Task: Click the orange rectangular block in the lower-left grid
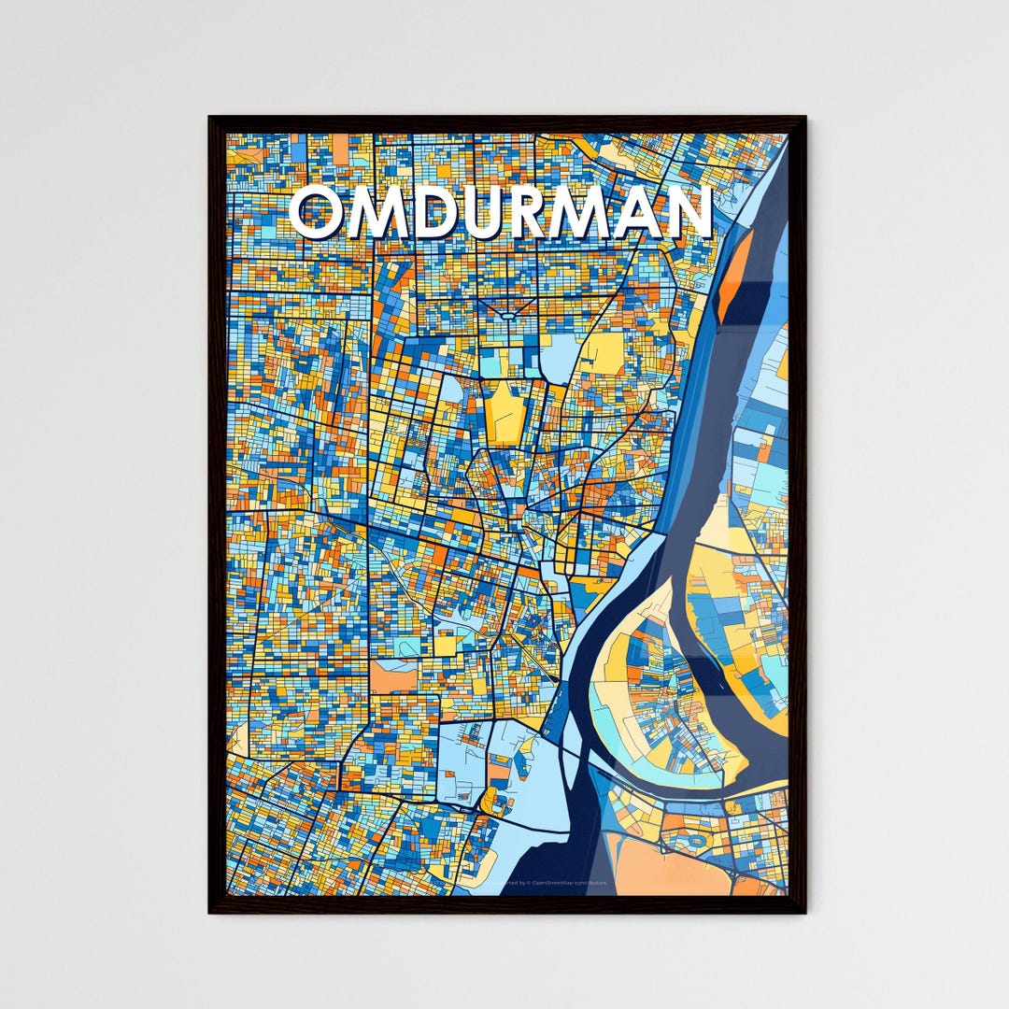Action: coord(393,676)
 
